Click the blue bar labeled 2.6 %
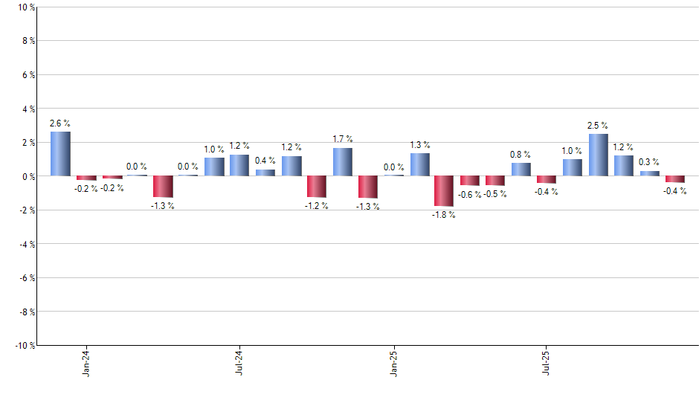coord(60,154)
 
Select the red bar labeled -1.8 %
coord(445,191)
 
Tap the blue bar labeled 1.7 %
coord(343,162)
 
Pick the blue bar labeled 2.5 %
coord(599,155)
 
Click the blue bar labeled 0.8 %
coord(521,170)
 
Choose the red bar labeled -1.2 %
coord(317,187)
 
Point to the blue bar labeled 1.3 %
coord(419,165)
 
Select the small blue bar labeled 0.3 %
coord(650,174)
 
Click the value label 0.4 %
coord(265,161)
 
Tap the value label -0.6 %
coord(470,195)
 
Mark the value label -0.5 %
coord(496,195)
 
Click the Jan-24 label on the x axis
coord(87,362)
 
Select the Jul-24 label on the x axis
coord(240,362)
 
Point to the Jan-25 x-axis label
coord(394,362)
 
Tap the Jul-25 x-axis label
coord(547,362)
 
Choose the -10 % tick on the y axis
coord(22,346)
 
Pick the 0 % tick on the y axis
coord(26,177)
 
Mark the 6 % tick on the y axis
coord(26,75)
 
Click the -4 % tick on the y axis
coord(25,245)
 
